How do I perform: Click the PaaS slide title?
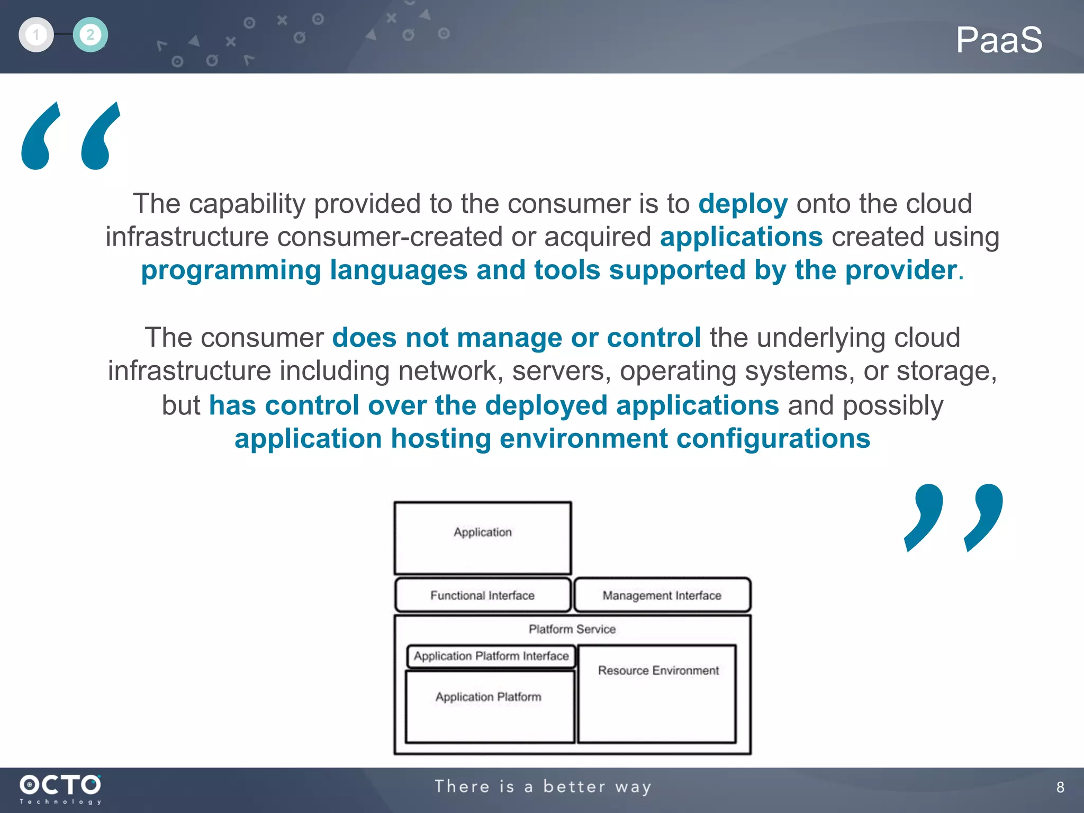[x=998, y=40]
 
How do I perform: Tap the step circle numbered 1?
[x=36, y=35]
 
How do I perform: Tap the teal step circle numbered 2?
[x=91, y=35]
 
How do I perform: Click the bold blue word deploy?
[x=743, y=204]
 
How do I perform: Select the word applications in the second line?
[x=741, y=237]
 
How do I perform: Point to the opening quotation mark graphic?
[x=71, y=137]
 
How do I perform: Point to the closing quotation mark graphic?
[x=953, y=518]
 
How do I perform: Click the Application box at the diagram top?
[x=482, y=538]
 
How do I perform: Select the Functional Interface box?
[x=482, y=595]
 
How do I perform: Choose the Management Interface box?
[x=662, y=595]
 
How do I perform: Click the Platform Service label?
[x=572, y=629]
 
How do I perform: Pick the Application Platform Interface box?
[x=491, y=656]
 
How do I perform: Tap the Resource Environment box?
[x=657, y=693]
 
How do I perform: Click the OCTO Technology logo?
[x=60, y=789]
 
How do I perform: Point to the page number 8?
[x=1060, y=787]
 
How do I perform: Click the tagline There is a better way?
[x=543, y=787]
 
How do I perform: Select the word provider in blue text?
[x=901, y=270]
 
